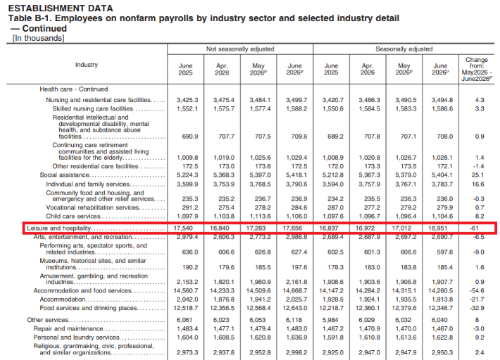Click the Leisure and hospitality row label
[x=59, y=228]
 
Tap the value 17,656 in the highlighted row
[x=292, y=228]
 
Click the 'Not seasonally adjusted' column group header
[x=240, y=49]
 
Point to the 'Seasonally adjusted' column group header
[x=404, y=49]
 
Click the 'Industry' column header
[x=87, y=65]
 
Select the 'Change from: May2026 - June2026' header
[x=477, y=69]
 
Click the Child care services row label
[x=73, y=216]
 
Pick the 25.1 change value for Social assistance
[x=477, y=175]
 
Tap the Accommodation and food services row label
[x=82, y=291]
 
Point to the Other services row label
[x=48, y=320]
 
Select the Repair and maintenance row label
[x=68, y=329]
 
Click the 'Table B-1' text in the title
[x=30, y=18]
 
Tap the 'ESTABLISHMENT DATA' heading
[x=61, y=8]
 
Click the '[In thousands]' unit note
[x=38, y=38]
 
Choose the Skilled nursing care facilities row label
[x=92, y=108]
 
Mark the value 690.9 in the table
[x=190, y=137]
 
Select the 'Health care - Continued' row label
[x=74, y=89]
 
